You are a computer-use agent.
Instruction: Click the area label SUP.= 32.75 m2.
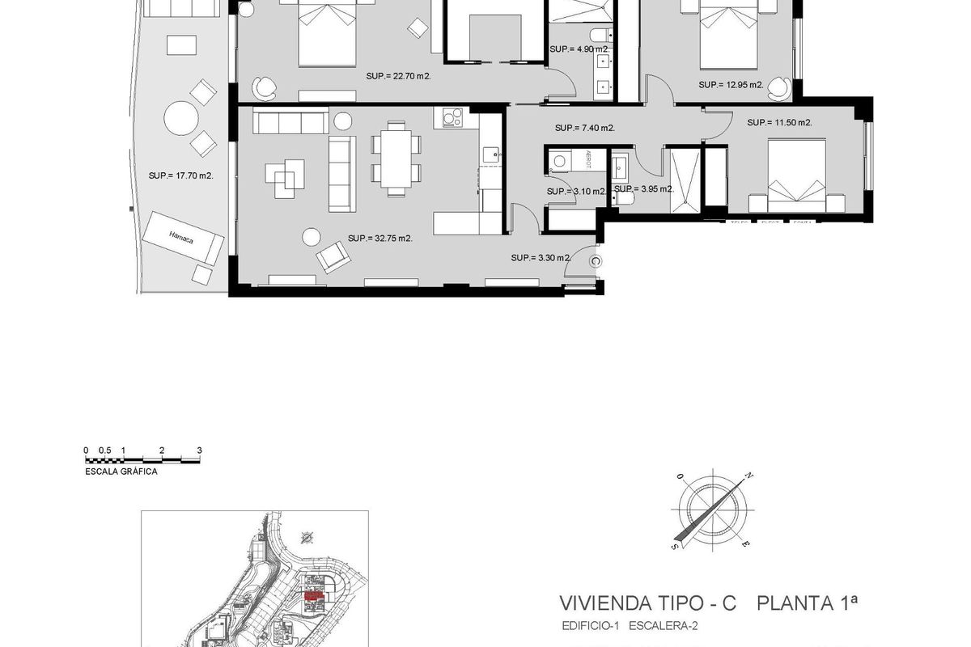(380, 239)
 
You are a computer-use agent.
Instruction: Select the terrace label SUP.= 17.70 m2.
(180, 175)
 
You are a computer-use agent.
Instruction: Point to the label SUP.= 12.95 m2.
(731, 84)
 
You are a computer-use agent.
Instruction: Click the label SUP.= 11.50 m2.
(779, 123)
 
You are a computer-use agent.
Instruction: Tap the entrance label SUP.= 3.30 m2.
(541, 258)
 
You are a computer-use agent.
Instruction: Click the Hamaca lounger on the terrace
(183, 237)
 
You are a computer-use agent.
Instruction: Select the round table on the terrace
(180, 120)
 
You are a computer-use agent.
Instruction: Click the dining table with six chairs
(396, 159)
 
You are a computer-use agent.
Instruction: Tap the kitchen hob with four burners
(449, 119)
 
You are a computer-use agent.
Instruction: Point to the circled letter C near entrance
(596, 260)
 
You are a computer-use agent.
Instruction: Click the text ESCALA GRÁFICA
(121, 472)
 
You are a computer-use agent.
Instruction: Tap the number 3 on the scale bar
(199, 450)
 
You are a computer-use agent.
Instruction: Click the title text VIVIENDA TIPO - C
(648, 603)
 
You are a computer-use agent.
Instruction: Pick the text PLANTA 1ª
(807, 603)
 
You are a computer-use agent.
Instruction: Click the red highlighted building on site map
(312, 595)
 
